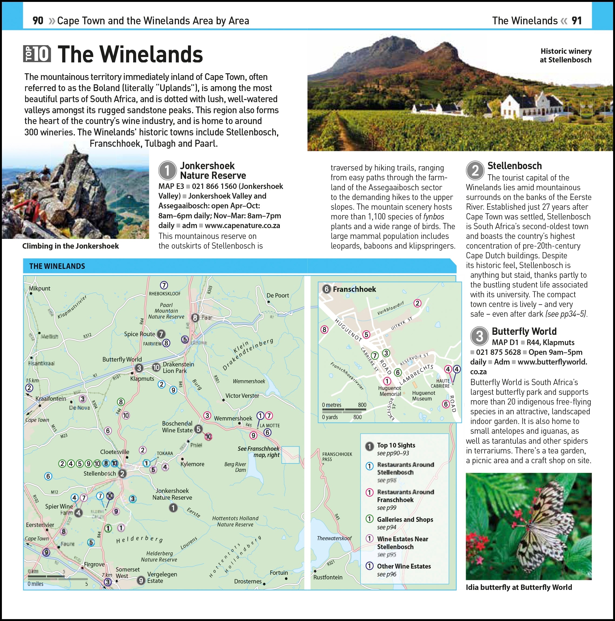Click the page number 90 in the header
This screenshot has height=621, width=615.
point(38,21)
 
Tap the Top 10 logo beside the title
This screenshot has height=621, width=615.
point(37,54)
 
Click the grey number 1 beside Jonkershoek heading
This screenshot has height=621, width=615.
point(167,170)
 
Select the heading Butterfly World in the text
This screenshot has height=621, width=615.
point(524,331)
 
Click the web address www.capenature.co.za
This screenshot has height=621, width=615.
point(242,226)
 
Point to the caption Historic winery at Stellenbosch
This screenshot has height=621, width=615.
point(566,55)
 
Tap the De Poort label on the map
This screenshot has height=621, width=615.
point(277,295)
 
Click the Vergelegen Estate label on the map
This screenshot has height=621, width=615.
point(162,577)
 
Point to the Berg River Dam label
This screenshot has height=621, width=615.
point(235,467)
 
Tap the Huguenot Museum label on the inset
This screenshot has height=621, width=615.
point(424,396)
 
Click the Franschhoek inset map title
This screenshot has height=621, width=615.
point(354,289)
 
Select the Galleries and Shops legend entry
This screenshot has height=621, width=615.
point(405,519)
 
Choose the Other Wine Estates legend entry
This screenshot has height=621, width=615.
point(404,566)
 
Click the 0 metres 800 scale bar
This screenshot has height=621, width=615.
point(344,410)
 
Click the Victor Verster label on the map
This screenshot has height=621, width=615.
point(242,396)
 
